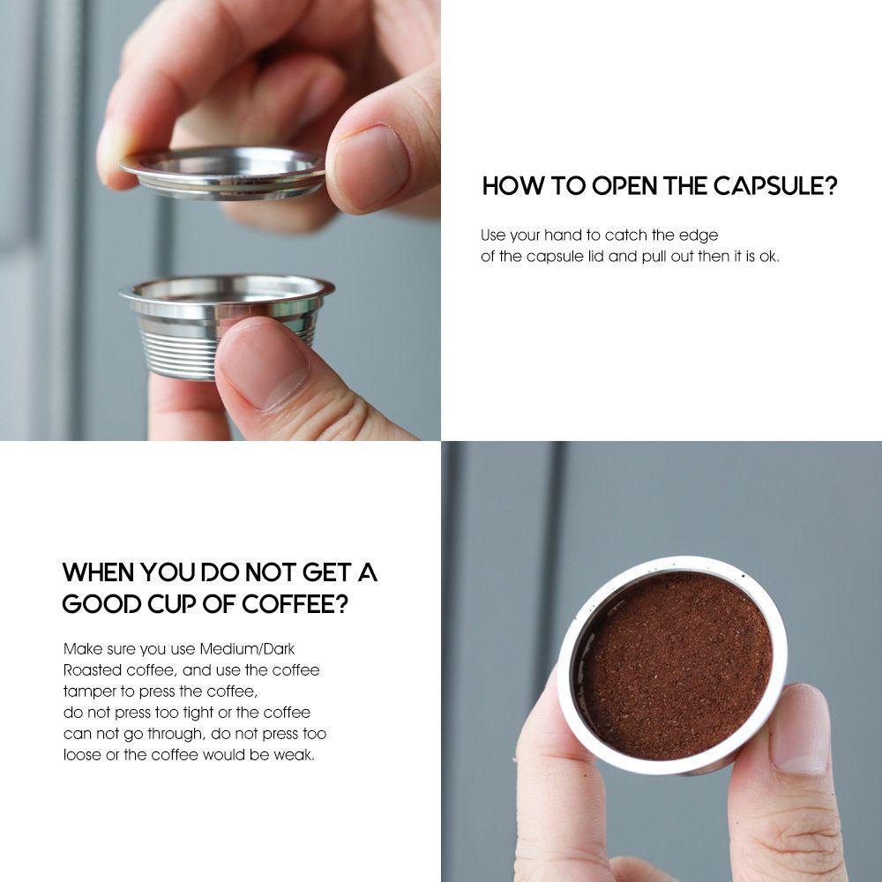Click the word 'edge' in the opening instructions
pos(699,235)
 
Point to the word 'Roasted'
pos(92,670)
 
